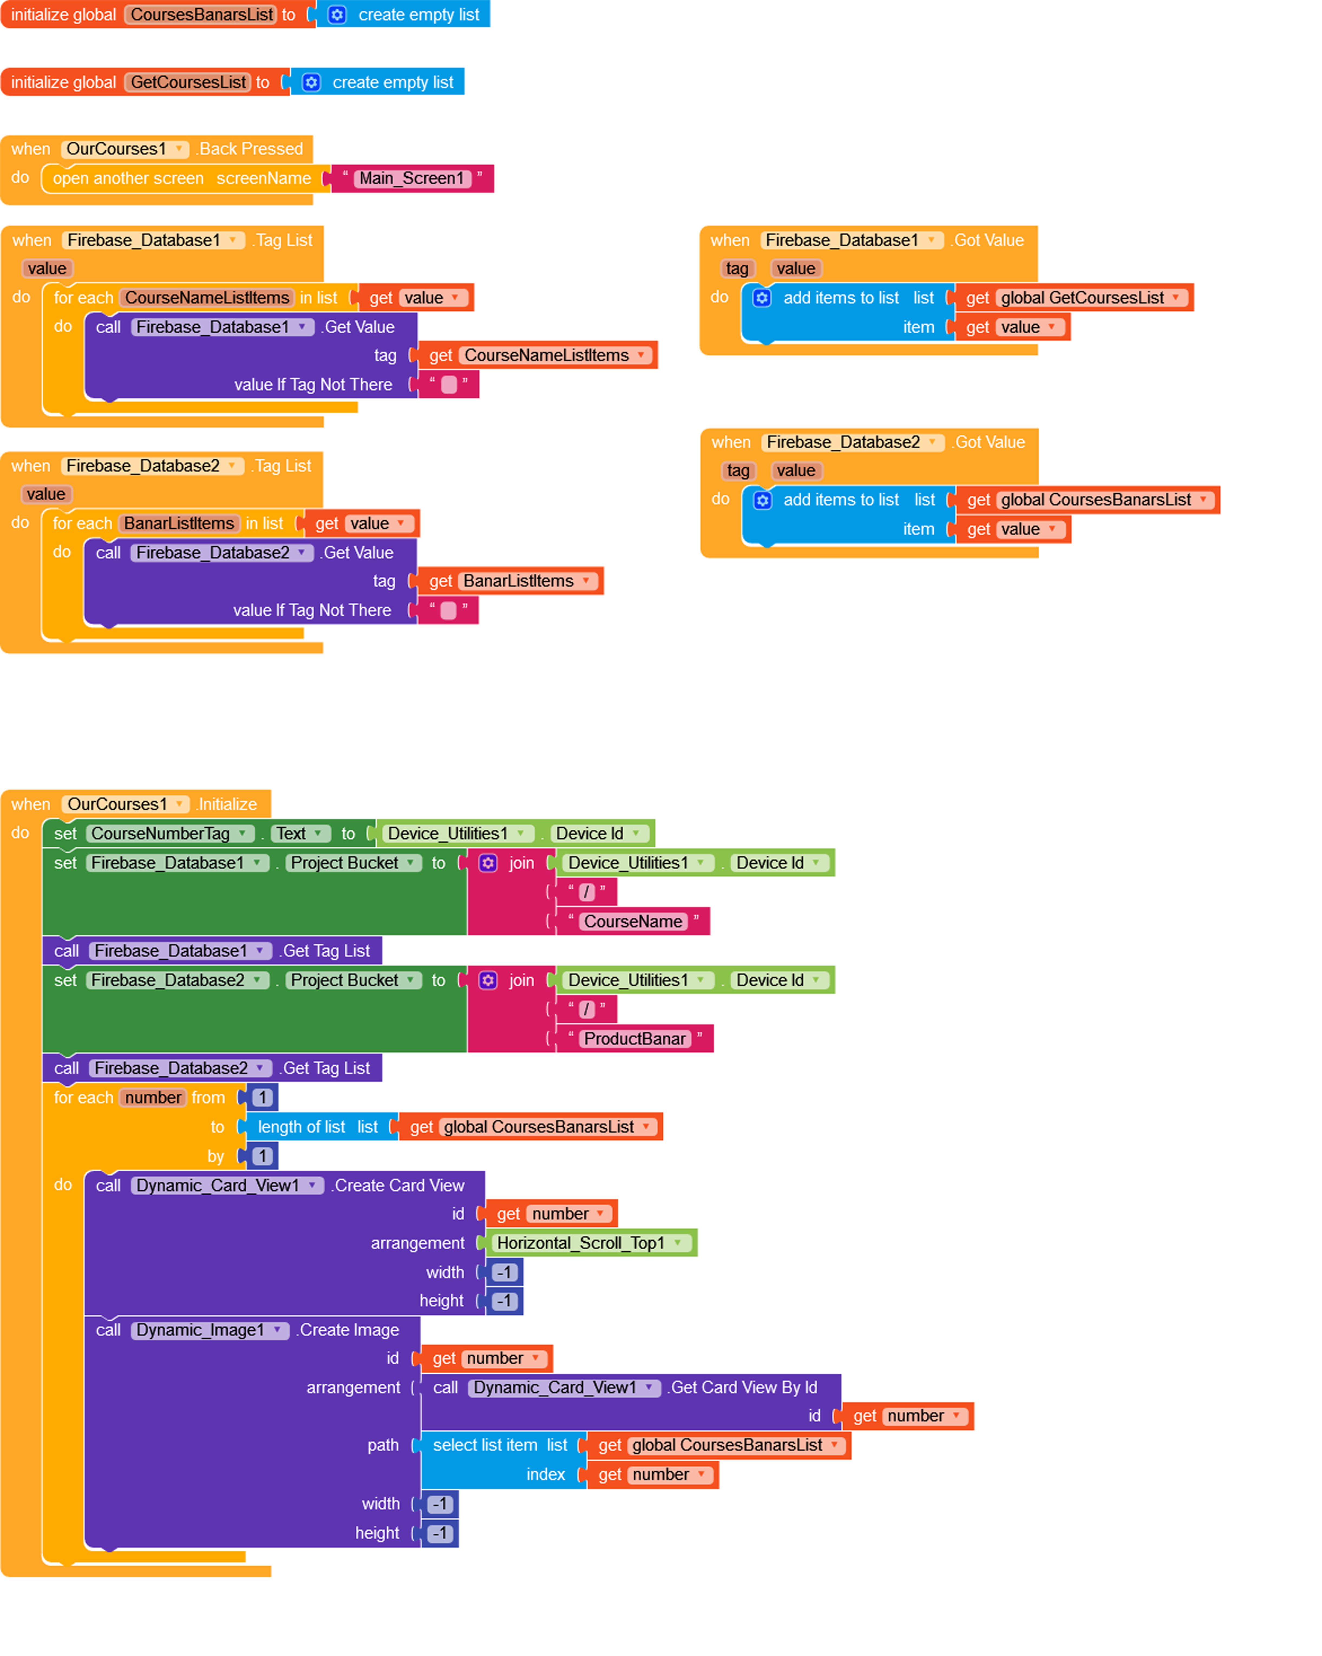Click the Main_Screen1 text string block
pos(412,178)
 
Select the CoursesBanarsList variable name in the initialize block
pos(201,15)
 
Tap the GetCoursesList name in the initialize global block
pos(188,82)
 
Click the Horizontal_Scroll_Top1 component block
pos(590,1243)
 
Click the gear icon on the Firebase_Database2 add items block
pos(762,500)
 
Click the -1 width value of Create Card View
pos(505,1272)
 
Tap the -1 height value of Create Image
pos(440,1533)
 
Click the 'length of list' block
pos(318,1127)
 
